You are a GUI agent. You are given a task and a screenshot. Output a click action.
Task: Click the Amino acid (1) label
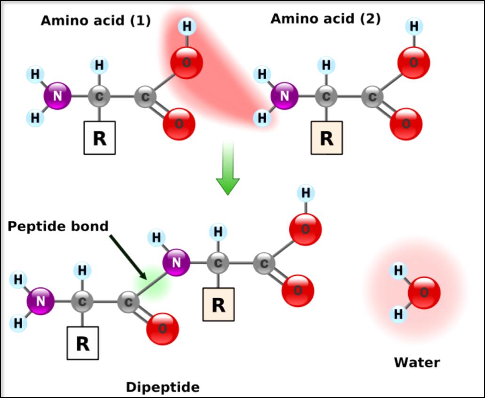coord(96,21)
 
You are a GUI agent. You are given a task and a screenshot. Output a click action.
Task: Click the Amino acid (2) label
coord(325,18)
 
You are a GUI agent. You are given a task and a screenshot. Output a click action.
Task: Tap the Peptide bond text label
coord(58,227)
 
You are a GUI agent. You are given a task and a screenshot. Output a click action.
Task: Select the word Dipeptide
coord(163,387)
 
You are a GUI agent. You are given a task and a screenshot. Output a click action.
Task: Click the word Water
coord(417,362)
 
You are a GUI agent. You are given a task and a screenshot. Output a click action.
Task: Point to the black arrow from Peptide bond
coord(128,257)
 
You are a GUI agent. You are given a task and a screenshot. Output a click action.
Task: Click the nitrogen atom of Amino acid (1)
coord(57,96)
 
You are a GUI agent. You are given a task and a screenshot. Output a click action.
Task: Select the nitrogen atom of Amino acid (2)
coord(284,96)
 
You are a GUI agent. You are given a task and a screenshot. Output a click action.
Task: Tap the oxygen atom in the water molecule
coord(424,292)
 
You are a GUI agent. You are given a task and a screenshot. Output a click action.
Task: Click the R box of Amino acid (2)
coord(327,138)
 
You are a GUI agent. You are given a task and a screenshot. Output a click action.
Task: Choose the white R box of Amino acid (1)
coord(100,138)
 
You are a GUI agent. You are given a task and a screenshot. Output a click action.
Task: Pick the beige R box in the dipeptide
coord(218,304)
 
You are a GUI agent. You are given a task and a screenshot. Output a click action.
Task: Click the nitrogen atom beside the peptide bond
coord(176,262)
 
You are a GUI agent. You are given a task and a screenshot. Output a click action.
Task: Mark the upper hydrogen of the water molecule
coord(398,270)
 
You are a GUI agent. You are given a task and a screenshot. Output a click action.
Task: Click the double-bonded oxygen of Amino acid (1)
coord(179,124)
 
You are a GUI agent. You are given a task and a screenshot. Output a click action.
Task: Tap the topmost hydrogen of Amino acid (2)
coord(414,26)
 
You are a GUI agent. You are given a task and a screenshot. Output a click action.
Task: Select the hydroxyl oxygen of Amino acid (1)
coord(186,63)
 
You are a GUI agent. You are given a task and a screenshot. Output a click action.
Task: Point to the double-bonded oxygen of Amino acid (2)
coord(406,124)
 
